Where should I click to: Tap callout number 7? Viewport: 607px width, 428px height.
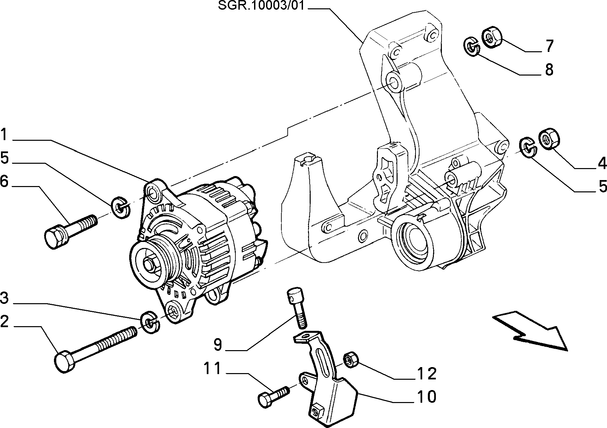tap(549, 46)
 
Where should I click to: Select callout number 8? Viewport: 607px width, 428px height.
tap(549, 70)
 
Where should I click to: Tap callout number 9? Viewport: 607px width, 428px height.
tap(217, 344)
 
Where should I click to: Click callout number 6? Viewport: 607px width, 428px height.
tap(4, 182)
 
